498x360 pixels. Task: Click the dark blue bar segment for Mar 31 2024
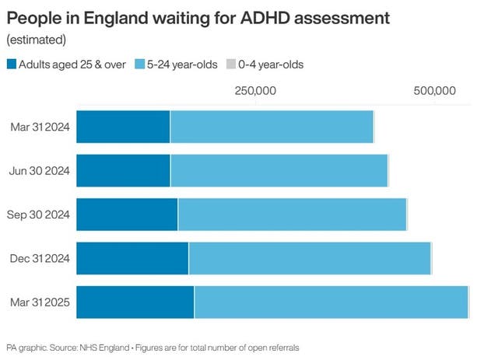[x=123, y=127]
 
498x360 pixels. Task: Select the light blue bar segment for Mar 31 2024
[x=272, y=127]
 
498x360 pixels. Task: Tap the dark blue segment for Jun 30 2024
[x=123, y=170]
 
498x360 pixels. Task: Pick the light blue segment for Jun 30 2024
[x=279, y=170]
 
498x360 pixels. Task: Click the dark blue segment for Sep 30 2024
[x=127, y=215]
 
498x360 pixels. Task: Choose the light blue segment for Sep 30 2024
[x=292, y=215]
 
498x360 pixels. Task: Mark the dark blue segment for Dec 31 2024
[x=132, y=258]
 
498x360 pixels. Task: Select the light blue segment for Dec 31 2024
[x=310, y=258]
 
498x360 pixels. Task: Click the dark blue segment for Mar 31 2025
[x=135, y=302]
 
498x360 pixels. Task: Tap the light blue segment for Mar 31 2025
[x=331, y=302]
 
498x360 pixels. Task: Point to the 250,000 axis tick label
[x=255, y=92]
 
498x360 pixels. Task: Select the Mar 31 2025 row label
[x=40, y=302]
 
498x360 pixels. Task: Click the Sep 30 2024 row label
[x=39, y=215]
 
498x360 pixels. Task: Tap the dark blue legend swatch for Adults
[x=12, y=65]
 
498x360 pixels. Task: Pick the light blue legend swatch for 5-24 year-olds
[x=139, y=65]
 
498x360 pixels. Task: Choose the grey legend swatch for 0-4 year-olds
[x=231, y=65]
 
